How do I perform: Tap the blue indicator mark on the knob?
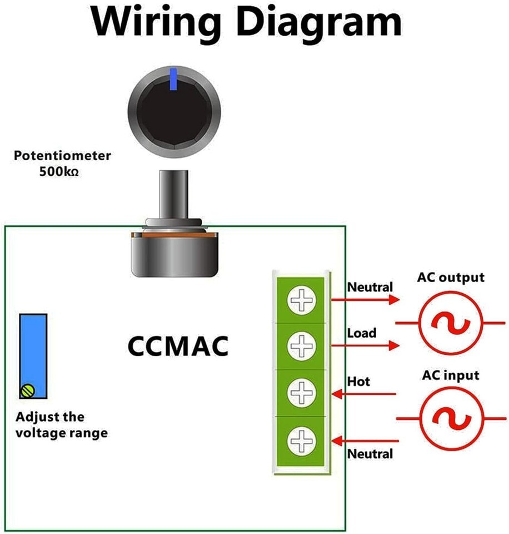(x=174, y=79)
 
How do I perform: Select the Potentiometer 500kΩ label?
(x=62, y=163)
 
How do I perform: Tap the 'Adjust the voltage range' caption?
(x=62, y=424)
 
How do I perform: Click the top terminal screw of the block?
(x=301, y=301)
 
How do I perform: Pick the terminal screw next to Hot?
(x=301, y=393)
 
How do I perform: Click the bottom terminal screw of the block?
(x=301, y=441)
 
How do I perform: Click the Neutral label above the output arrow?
(x=370, y=288)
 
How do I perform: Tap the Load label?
(x=362, y=333)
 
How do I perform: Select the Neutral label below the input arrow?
(x=370, y=454)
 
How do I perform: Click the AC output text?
(x=451, y=278)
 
